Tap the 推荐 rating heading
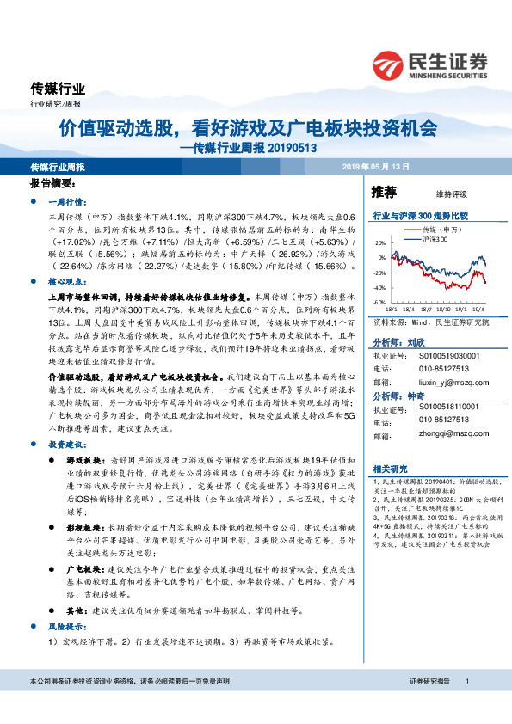[383, 191]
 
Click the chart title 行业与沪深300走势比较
[419, 216]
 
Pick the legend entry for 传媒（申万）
[442, 231]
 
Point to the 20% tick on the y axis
[379, 242]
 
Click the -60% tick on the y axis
[379, 303]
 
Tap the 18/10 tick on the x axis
[443, 308]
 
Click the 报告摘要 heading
[53, 184]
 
